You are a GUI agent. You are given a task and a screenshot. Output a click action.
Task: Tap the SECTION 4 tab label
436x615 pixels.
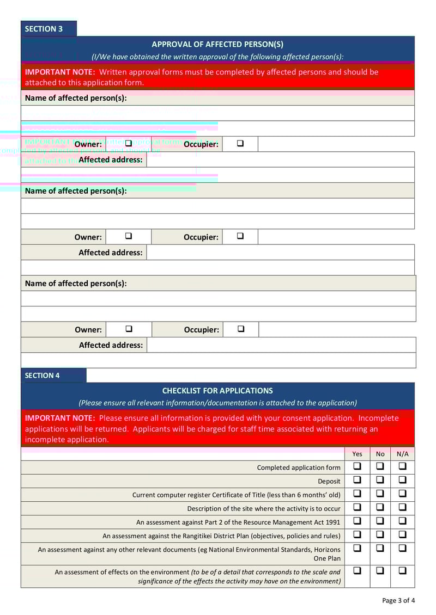42,376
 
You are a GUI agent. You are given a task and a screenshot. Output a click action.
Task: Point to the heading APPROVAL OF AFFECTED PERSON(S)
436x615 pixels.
217,45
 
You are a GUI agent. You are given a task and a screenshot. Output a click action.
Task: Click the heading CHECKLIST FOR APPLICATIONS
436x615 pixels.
217,391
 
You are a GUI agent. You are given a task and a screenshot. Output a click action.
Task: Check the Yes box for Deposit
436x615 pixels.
358,480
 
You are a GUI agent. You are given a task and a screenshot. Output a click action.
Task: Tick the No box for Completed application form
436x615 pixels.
380,466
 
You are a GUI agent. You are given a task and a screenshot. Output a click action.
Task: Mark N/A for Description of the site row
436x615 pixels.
402,507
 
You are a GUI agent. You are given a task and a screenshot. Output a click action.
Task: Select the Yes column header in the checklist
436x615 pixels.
357,454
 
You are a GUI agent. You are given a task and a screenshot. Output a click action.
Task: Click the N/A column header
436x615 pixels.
402,454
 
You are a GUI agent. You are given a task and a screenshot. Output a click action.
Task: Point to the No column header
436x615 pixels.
380,454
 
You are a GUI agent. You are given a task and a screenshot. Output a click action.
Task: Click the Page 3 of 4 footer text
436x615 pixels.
398,601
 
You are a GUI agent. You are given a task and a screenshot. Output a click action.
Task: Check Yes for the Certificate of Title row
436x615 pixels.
358,494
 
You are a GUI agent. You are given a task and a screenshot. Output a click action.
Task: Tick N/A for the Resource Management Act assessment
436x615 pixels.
402,521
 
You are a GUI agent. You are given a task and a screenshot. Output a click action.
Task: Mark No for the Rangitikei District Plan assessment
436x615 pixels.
380,534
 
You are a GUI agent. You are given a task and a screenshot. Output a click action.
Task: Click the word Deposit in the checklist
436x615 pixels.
329,481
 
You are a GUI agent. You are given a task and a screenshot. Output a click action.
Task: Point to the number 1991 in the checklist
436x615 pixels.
332,522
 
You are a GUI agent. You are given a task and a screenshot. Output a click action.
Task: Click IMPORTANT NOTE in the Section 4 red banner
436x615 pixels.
60,418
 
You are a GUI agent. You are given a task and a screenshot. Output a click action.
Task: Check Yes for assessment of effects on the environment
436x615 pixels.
358,571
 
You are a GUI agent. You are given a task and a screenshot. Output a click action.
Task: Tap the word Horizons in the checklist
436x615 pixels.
325,550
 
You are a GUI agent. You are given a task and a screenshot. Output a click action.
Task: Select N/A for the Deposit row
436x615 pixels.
402,480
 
